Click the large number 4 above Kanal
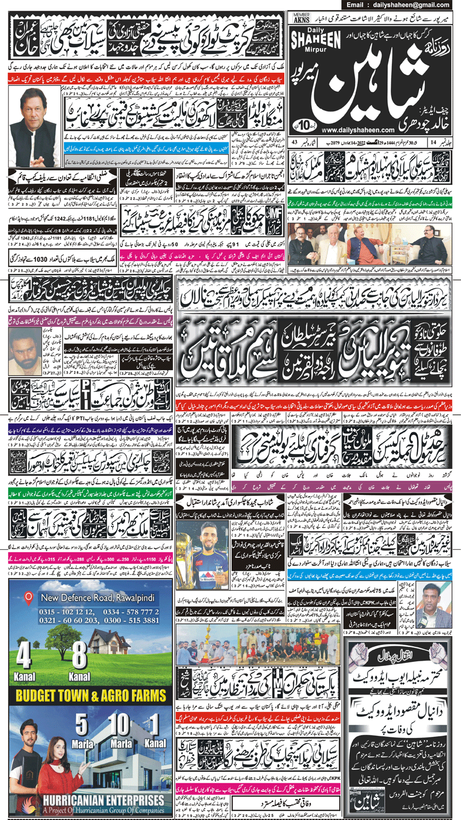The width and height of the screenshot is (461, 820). [23, 657]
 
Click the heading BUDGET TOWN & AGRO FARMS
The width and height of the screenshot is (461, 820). [86, 695]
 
